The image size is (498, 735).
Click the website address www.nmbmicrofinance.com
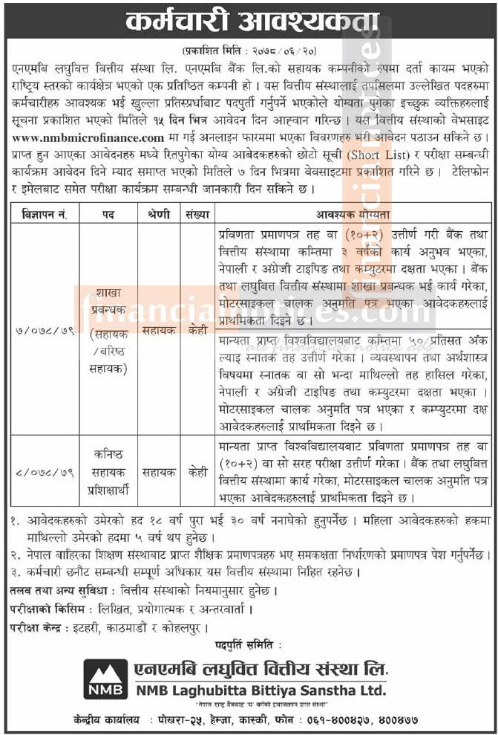pos(88,138)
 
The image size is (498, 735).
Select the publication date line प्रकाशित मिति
pos(249,51)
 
